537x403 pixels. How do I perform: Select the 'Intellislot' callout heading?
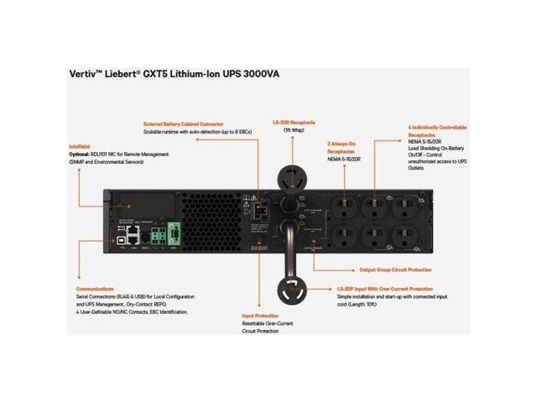[80, 147]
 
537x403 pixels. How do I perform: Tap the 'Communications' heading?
[94, 287]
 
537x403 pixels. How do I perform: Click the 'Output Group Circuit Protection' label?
[396, 270]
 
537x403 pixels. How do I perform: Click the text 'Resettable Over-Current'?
[265, 325]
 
